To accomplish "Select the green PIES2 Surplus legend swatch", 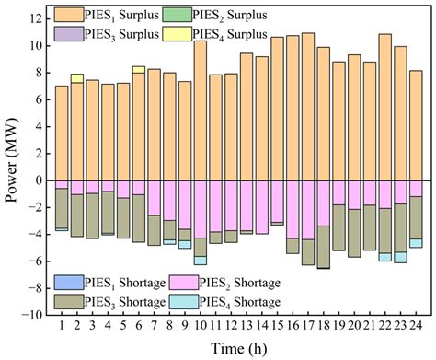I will pyautogui.click(x=202, y=15).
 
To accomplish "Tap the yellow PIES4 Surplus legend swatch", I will pyautogui.click(x=202, y=34).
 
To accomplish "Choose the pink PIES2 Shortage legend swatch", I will pyautogui.click(x=202, y=280).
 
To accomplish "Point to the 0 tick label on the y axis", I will pyautogui.click(x=38, y=180).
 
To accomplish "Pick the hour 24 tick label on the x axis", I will pyautogui.click(x=415, y=324).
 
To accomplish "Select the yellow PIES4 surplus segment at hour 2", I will pyautogui.click(x=77, y=78).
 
